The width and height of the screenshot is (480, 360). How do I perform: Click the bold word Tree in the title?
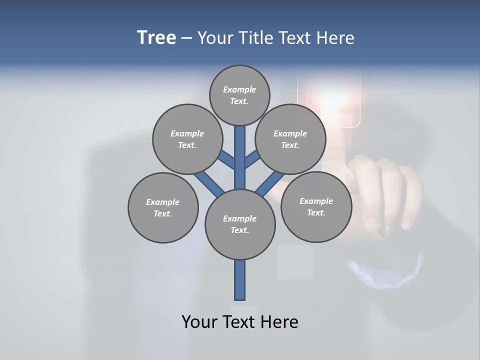tap(156, 37)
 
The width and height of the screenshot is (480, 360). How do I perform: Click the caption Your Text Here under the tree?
tap(240, 321)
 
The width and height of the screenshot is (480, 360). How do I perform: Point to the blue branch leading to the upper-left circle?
tap(227, 160)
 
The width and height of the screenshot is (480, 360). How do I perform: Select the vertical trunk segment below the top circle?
tap(240, 155)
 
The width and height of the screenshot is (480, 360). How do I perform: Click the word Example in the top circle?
tap(239, 89)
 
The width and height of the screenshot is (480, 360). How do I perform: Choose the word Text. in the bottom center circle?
tap(239, 230)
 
